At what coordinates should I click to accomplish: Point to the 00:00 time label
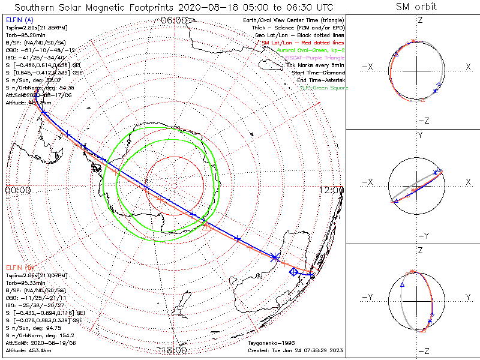pos(18,190)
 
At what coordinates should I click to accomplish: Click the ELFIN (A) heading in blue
pos(19,20)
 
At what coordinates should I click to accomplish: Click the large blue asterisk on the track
pos(275,257)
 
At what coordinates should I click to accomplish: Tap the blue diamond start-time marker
pos(293,272)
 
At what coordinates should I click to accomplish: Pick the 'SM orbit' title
pos(416,7)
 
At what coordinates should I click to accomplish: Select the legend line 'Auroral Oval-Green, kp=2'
pos(310,50)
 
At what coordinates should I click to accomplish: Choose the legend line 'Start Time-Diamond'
pos(319,73)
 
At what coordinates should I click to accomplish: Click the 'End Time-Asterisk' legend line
pos(320,80)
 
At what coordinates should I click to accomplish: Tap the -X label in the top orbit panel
pos(368,66)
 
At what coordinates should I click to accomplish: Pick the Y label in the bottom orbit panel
pos(467,297)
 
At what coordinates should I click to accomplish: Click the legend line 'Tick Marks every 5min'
pos(314,65)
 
